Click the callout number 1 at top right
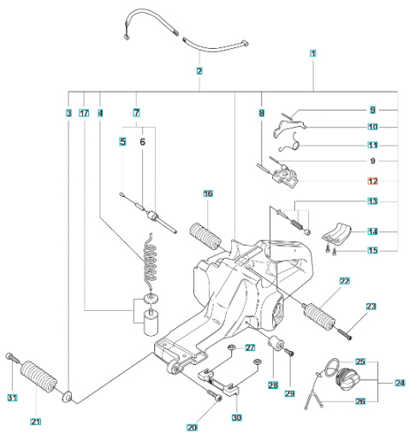(x=314, y=53)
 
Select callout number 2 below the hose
(x=199, y=71)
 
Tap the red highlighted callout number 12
(x=372, y=181)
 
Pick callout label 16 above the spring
(x=208, y=194)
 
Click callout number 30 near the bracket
(x=237, y=417)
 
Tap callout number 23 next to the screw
(x=371, y=306)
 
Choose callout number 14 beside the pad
(x=372, y=231)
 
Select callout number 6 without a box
(x=143, y=141)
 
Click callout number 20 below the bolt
(x=192, y=427)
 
